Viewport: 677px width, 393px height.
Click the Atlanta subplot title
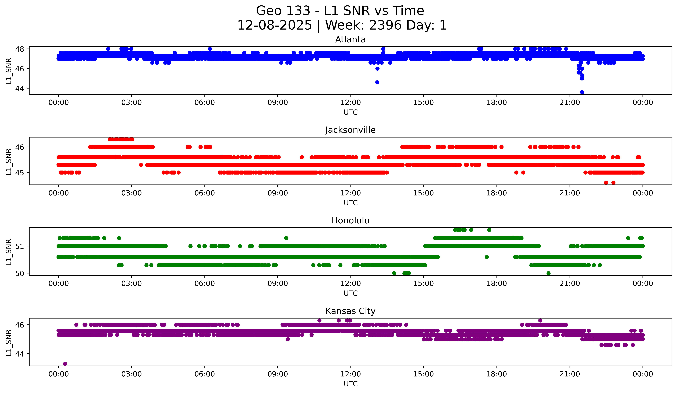350,40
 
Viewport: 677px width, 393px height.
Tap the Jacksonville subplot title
350,130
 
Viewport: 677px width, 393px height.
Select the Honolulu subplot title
350,221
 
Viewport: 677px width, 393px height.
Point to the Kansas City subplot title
350,311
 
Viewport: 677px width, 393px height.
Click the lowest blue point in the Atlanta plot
582,92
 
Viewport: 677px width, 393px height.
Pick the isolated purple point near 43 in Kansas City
65,364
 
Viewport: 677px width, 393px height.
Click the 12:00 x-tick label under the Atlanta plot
350,103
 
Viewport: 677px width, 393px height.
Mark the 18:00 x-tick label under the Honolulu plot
497,284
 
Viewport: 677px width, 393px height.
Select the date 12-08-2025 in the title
274,25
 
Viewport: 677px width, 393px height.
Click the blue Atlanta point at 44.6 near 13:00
377,82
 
